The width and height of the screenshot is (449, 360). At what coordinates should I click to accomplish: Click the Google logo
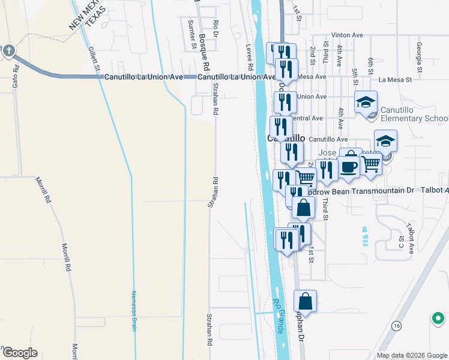click(19, 353)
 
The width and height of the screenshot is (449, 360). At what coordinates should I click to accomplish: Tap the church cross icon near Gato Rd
click(8, 51)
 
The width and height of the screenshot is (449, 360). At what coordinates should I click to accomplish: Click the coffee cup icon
click(348, 167)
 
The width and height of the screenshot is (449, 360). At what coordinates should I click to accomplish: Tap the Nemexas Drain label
click(134, 311)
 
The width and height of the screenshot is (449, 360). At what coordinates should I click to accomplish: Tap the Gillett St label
click(94, 58)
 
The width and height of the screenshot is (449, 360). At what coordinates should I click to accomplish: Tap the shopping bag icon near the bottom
click(305, 301)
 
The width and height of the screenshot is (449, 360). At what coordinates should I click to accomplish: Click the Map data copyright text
click(411, 355)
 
